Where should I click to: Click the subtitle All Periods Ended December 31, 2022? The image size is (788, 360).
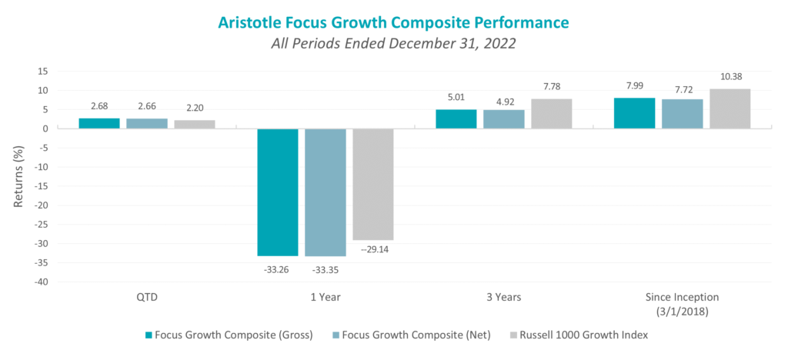[393, 44]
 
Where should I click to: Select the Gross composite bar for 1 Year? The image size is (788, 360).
[277, 192]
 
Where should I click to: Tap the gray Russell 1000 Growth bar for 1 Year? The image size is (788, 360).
[372, 184]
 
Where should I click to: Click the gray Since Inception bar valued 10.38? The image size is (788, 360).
[729, 108]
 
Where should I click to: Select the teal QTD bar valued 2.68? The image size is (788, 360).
[99, 123]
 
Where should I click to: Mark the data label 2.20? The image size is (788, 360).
[194, 108]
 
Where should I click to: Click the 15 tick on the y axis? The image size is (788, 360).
[43, 71]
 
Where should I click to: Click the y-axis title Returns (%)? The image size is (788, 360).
[18, 175]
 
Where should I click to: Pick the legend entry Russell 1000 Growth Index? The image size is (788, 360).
[581, 335]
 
